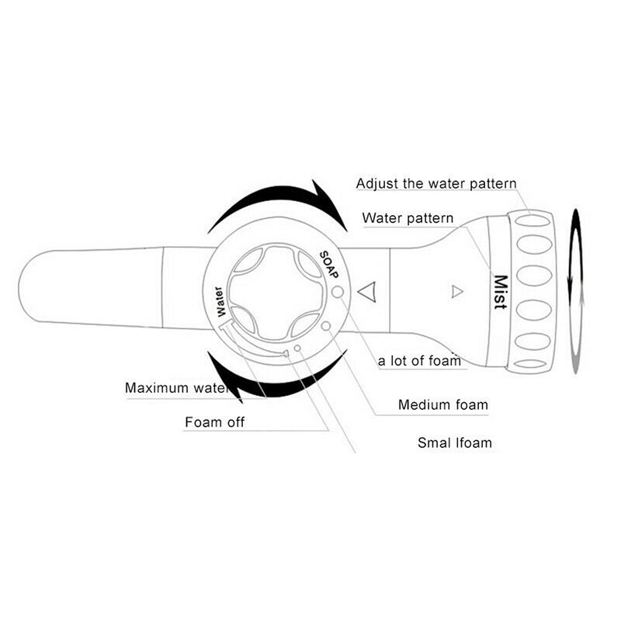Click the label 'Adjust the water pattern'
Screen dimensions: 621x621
(x=435, y=184)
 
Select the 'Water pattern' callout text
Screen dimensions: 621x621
(x=408, y=218)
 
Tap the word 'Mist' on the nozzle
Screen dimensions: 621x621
(x=500, y=293)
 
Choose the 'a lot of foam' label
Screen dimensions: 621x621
(x=419, y=360)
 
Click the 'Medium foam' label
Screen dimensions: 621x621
(x=443, y=404)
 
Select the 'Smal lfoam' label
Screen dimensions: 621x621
(x=454, y=442)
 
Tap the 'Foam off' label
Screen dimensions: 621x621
(x=214, y=423)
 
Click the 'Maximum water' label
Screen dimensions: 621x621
(x=176, y=387)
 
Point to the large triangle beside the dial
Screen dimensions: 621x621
(x=367, y=293)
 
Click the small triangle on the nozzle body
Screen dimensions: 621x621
(x=456, y=292)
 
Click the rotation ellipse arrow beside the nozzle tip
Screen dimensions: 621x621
(x=574, y=291)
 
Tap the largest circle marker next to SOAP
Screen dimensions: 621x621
(x=338, y=292)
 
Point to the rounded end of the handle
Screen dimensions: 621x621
(x=35, y=287)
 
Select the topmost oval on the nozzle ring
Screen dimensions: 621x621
(x=532, y=221)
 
